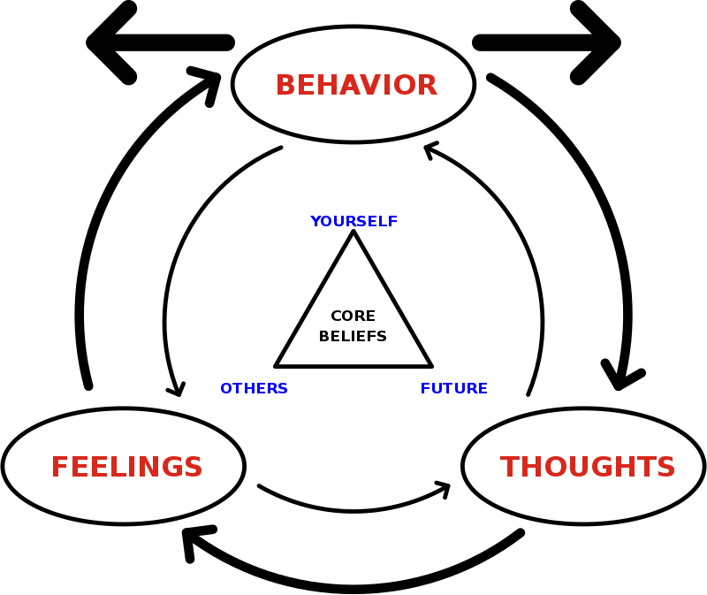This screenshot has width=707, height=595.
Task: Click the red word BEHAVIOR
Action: [356, 86]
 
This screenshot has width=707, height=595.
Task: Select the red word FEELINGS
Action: [126, 468]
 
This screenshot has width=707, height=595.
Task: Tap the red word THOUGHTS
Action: [588, 468]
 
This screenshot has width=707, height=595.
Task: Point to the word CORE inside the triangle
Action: [353, 317]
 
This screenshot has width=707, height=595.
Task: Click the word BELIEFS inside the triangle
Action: [353, 337]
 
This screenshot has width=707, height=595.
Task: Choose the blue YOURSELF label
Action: [353, 221]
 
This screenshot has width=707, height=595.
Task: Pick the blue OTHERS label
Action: [254, 389]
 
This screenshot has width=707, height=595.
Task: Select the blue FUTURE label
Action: [453, 389]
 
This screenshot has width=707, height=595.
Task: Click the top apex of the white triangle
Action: [353, 238]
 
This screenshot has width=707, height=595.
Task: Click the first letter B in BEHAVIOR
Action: [285, 86]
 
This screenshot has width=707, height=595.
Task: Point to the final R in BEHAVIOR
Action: [427, 86]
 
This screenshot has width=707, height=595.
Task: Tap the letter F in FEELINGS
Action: [59, 468]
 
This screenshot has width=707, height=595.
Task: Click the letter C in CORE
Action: [336, 317]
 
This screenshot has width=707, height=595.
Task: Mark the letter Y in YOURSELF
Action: [315, 221]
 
